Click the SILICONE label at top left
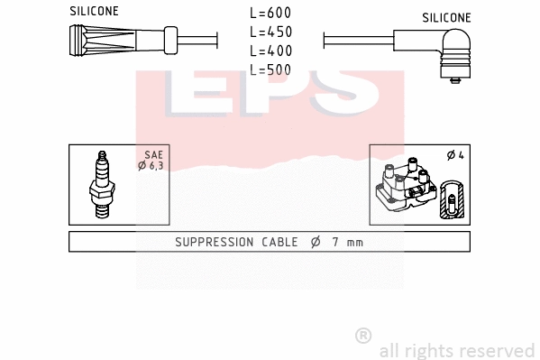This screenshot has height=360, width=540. (94, 11)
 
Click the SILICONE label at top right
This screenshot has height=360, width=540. (445, 17)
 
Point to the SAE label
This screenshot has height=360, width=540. (153, 155)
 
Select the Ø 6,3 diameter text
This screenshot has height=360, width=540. (150, 165)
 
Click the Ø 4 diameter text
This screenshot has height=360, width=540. (454, 156)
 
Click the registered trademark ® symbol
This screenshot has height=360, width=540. (363, 336)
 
